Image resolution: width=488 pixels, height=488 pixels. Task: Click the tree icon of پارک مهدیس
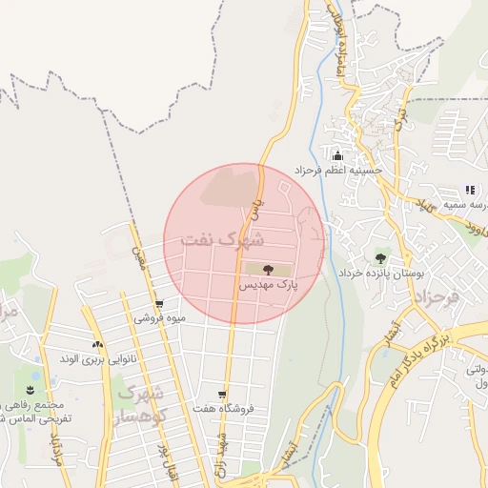coord(266,270)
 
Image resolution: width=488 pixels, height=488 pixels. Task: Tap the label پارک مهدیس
coord(268,285)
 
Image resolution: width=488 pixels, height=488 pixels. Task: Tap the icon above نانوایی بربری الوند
coord(97,344)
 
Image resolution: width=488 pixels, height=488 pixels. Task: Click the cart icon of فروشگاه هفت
coord(222,394)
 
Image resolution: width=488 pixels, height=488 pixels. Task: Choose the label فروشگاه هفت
coord(224,409)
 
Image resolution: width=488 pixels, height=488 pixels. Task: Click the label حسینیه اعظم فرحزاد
coord(337,171)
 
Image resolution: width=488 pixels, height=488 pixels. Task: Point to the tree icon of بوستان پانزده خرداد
coord(381,257)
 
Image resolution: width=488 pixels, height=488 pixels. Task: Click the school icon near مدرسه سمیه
coord(469,189)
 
